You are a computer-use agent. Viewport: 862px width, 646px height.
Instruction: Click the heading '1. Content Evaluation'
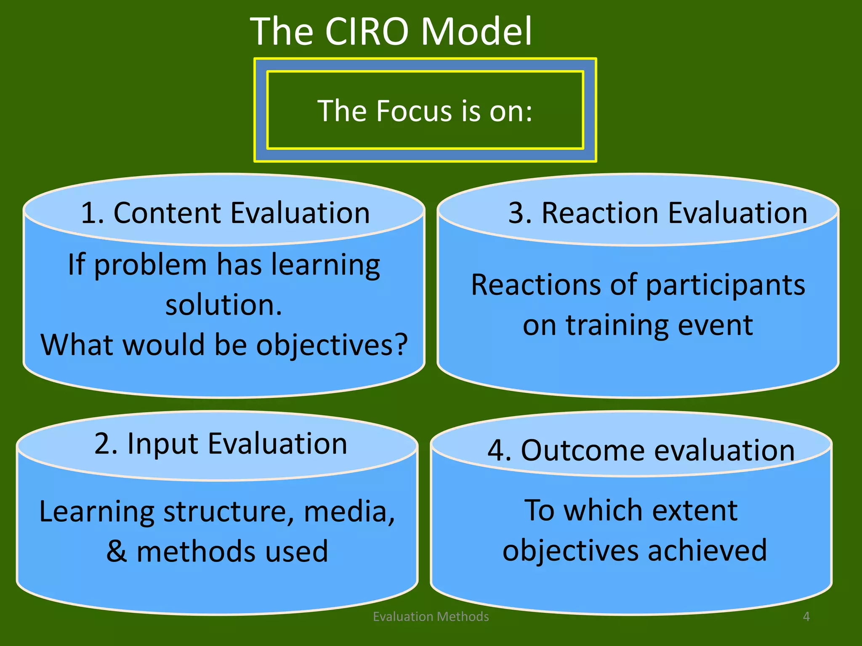click(x=225, y=213)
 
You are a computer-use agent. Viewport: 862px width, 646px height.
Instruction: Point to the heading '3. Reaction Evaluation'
click(x=658, y=213)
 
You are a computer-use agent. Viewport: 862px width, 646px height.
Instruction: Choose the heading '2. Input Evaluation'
click(x=221, y=443)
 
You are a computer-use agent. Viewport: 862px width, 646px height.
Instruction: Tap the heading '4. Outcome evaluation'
click(x=641, y=450)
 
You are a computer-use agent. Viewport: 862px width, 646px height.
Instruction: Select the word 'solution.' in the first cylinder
click(x=223, y=305)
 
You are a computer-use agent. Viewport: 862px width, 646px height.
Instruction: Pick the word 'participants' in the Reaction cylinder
click(x=725, y=286)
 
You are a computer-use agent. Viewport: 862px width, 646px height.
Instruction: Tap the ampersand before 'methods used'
click(x=117, y=551)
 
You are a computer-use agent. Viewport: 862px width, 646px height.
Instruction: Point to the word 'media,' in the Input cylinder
click(x=349, y=512)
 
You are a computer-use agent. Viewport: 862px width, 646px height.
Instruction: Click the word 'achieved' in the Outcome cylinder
click(x=708, y=551)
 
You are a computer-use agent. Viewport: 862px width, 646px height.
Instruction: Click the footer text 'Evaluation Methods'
click(x=431, y=617)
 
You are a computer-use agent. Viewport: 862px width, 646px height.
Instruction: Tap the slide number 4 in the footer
click(x=806, y=617)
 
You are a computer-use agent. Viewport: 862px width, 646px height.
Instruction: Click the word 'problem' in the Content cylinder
click(x=150, y=265)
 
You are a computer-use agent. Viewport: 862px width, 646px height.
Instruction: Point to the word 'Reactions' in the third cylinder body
click(x=536, y=285)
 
